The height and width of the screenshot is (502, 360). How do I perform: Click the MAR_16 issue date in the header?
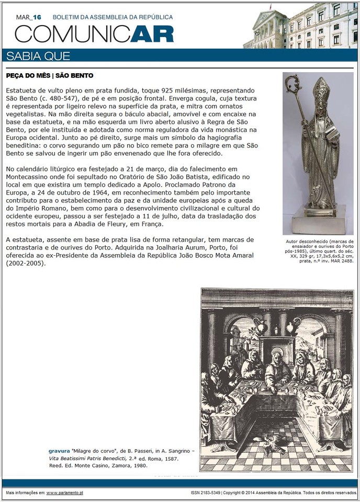pos(28,17)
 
